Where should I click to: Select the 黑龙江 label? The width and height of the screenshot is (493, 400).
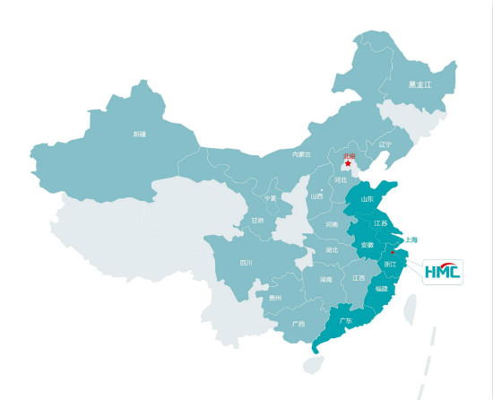pyautogui.click(x=419, y=84)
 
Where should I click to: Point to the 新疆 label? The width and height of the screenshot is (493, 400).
pyautogui.click(x=139, y=134)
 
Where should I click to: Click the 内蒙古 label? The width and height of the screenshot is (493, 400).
pyautogui.click(x=301, y=154)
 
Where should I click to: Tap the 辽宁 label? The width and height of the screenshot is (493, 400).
pyautogui.click(x=385, y=143)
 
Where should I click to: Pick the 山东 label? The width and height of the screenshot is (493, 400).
pyautogui.click(x=367, y=199)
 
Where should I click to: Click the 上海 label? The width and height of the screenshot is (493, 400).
pyautogui.click(x=411, y=239)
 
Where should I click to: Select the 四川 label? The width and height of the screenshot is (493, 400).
pyautogui.click(x=246, y=263)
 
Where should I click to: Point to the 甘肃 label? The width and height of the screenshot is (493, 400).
pyautogui.click(x=257, y=220)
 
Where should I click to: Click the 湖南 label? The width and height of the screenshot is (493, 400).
pyautogui.click(x=325, y=280)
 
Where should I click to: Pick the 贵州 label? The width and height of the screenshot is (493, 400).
pyautogui.click(x=275, y=298)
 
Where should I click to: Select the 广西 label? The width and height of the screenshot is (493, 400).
pyautogui.click(x=298, y=324)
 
